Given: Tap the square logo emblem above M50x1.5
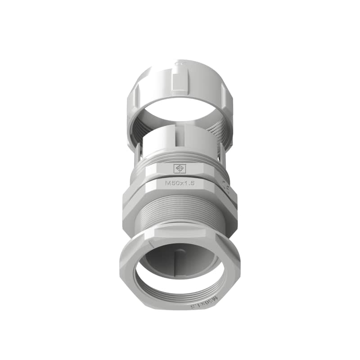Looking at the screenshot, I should pos(179,169).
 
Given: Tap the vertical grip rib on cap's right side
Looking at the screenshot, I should pos(224,94).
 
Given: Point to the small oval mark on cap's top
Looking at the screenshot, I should pos(180,63).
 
